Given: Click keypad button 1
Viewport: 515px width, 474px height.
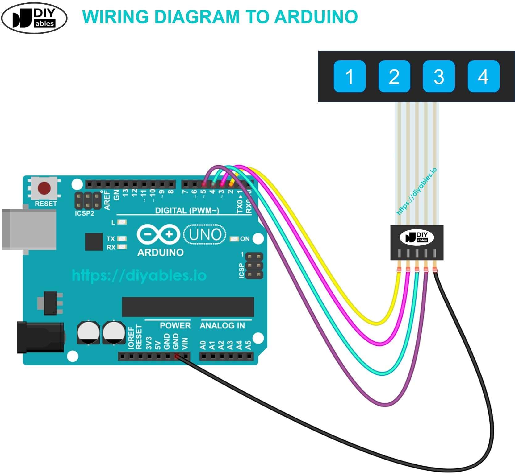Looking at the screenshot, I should (349, 76).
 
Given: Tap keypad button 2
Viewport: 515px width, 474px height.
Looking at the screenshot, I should (394, 76).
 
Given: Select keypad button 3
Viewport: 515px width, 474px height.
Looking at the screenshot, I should (438, 76).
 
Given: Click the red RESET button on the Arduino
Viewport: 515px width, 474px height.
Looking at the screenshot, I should (44, 188).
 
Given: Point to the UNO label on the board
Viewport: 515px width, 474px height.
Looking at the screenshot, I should (205, 235).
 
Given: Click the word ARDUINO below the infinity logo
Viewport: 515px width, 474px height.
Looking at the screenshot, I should (160, 253).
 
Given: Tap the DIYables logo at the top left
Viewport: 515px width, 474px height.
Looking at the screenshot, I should (34, 18).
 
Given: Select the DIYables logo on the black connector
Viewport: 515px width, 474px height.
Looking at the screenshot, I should (417, 237).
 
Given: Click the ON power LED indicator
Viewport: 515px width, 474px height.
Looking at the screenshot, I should (235, 239).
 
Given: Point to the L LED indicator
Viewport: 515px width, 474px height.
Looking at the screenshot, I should (123, 222).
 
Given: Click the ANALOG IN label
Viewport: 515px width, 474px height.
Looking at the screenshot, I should (222, 326).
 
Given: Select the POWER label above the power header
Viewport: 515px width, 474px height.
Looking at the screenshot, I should (175, 326).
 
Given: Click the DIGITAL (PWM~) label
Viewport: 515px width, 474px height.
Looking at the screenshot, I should (187, 211).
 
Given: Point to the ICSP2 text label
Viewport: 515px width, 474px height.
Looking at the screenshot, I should (84, 213).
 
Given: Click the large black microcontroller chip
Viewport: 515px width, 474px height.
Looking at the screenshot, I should (188, 307).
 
